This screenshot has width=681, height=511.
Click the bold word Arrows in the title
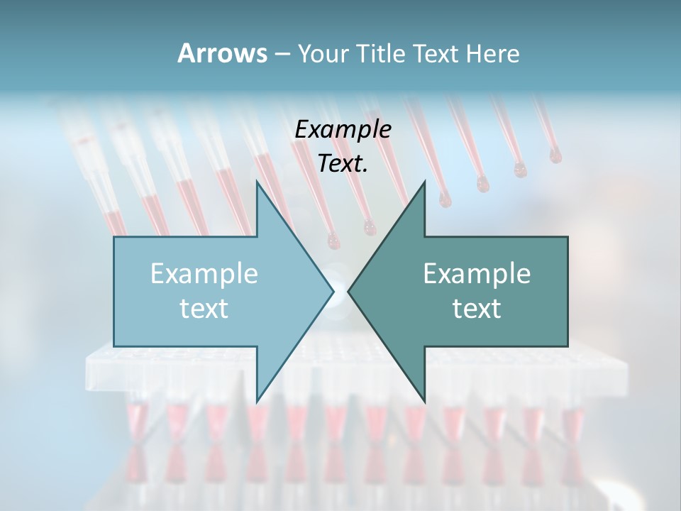click(221, 53)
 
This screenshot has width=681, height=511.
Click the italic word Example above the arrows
click(343, 129)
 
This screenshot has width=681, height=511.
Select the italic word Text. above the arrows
click(343, 163)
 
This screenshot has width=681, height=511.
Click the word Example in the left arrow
click(204, 273)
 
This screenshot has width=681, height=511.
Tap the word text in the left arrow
click(204, 308)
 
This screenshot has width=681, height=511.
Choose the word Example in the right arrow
click(477, 273)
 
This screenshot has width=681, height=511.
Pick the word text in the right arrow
click(477, 308)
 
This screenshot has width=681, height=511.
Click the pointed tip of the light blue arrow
click(333, 291)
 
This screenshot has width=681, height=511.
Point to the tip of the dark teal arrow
click(348, 291)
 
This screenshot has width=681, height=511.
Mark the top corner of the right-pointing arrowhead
click(257, 181)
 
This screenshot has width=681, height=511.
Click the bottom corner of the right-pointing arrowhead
click(257, 402)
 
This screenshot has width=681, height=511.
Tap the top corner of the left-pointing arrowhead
click(424, 181)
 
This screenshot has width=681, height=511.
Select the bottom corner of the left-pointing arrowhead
click(424, 402)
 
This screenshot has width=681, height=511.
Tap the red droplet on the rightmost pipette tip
click(555, 156)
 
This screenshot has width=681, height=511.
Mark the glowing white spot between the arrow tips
click(340, 291)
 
